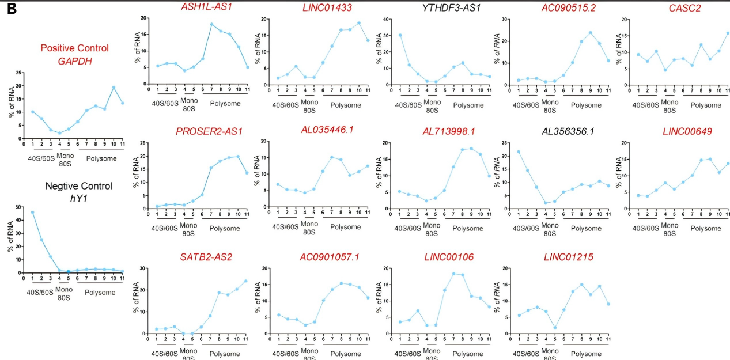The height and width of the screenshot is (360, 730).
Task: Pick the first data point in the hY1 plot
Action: [32, 213]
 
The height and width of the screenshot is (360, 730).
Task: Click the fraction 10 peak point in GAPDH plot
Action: [114, 87]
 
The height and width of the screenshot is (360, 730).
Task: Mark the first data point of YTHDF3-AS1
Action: [400, 35]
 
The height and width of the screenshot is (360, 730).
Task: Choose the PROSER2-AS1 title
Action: [209, 131]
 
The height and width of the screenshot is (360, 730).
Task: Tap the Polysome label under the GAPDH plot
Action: [101, 158]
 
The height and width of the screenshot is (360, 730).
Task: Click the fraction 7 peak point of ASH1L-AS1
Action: [211, 24]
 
